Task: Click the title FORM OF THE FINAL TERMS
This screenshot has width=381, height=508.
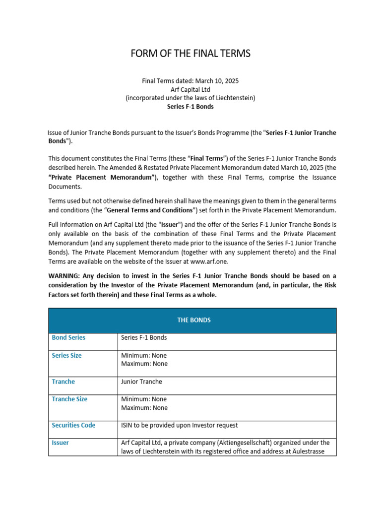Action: [190, 54]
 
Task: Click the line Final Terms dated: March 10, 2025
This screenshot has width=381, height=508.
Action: [190, 80]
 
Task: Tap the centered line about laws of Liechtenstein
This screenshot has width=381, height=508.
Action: [190, 98]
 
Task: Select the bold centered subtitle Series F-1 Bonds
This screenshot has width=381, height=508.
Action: [190, 107]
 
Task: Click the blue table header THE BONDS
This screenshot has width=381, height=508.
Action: [193, 320]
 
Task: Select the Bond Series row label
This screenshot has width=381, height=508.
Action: [68, 337]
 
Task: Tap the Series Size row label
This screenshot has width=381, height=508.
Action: [67, 356]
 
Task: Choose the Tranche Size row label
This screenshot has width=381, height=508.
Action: [69, 399]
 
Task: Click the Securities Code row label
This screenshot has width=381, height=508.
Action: [73, 425]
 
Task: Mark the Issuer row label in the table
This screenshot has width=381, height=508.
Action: [61, 443]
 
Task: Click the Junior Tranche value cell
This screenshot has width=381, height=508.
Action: [141, 381]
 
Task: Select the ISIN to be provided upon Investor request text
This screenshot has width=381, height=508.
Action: [179, 425]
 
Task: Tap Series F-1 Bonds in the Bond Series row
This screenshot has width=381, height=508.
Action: [144, 337]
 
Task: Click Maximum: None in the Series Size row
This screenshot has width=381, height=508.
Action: [144, 364]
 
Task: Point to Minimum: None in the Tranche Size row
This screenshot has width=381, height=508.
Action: [144, 399]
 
